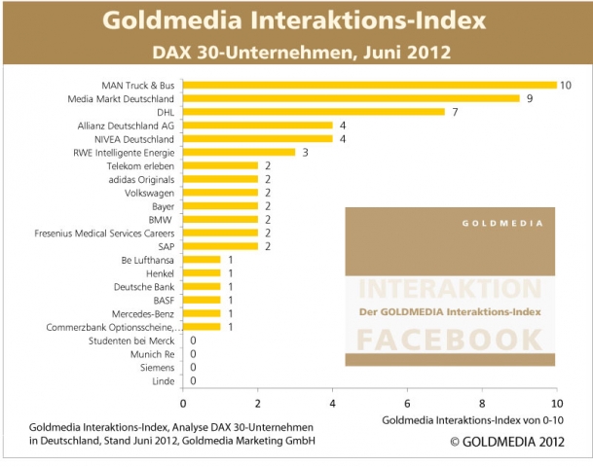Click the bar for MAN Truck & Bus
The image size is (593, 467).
coord(370,85)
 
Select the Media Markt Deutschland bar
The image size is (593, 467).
coord(352,98)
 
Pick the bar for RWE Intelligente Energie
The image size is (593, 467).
coord(239,152)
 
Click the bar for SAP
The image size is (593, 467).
coord(220,246)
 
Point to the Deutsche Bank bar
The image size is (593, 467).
coord(202,287)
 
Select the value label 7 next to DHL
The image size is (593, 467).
coord(453,112)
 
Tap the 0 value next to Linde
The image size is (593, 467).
coord(194,381)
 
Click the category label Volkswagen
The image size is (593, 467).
coord(151,193)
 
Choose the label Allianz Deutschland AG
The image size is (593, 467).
coord(126,126)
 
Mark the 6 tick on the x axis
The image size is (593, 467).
coord(407,402)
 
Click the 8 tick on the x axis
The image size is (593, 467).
coord(482,402)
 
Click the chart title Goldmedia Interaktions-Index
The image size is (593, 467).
coord(295,20)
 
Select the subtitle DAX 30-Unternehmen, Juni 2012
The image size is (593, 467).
coord(295,51)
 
